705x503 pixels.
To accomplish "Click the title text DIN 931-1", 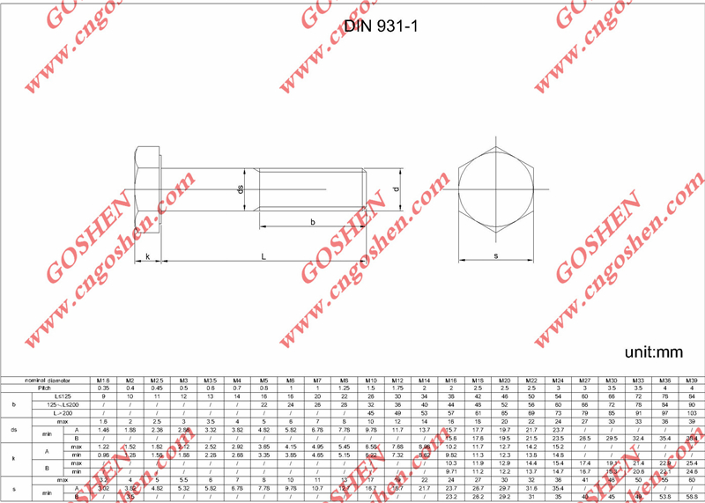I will click(x=381, y=26).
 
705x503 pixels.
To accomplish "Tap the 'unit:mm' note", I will click(x=653, y=351).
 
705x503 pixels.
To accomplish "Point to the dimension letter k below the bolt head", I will click(x=147, y=256).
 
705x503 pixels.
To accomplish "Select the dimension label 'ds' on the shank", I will click(x=239, y=190).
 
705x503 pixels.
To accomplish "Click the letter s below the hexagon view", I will click(x=496, y=256).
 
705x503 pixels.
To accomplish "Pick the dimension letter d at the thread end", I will click(x=396, y=189).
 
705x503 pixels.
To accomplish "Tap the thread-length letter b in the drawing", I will click(x=313, y=223).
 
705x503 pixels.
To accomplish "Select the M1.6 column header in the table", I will click(x=103, y=380).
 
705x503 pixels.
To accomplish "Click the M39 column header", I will click(x=692, y=380).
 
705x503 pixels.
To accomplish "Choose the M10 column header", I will click(x=371, y=380).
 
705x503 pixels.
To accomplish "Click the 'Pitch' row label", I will click(x=45, y=388).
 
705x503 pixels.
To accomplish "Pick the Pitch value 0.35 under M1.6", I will click(x=103, y=388).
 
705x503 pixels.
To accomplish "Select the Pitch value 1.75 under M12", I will click(x=397, y=388).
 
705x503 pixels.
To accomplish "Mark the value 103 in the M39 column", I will click(x=692, y=413).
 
